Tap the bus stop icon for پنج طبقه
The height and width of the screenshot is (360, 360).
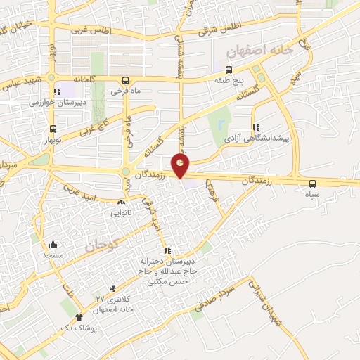click(229, 70)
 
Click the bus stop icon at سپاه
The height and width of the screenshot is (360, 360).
click(313, 184)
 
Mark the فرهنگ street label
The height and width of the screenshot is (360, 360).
click(209, 187)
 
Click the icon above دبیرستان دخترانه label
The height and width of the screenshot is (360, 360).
click(167, 250)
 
